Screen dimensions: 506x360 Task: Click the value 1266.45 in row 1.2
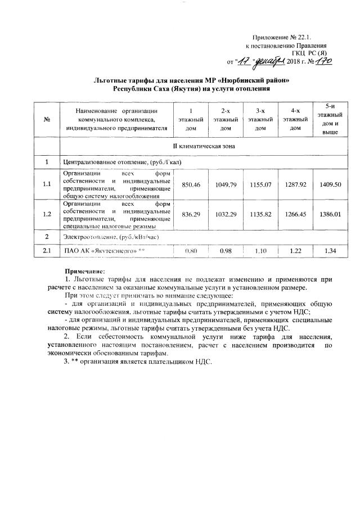pos(290,214)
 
